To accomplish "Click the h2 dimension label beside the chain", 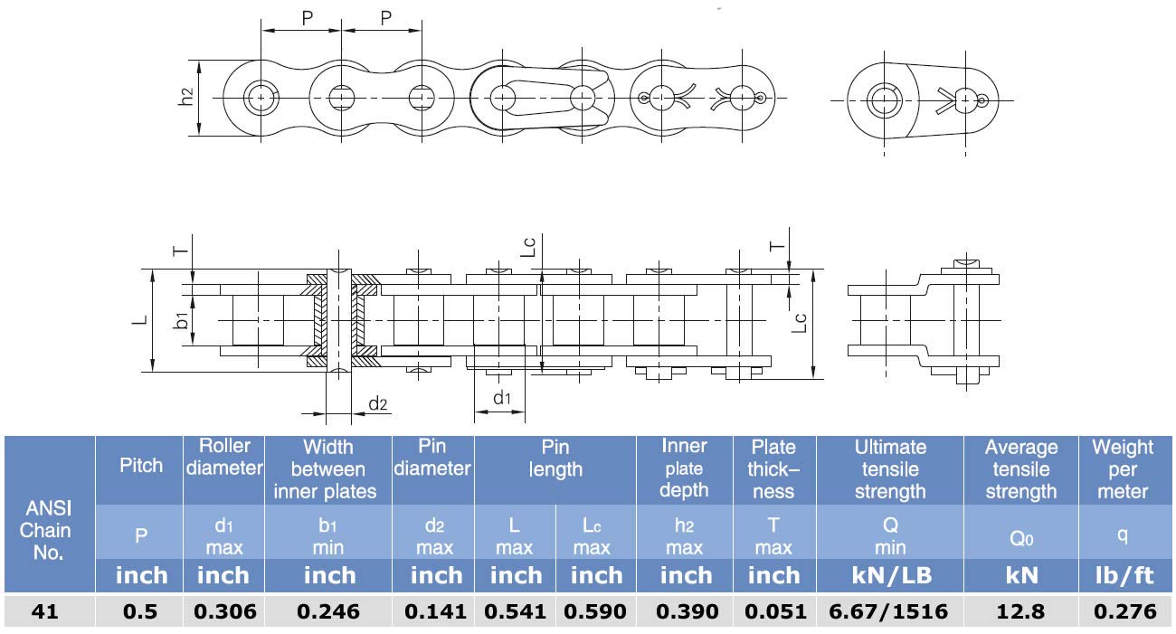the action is (185, 97).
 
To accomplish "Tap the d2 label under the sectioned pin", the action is (377, 403).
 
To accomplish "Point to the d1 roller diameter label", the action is (502, 398).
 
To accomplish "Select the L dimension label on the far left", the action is (140, 319).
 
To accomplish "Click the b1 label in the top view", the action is (181, 320).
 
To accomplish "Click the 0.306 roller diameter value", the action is (225, 611).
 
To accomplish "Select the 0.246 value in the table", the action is (328, 611).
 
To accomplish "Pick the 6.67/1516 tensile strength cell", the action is (888, 611).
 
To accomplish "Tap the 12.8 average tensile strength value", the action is (1020, 611).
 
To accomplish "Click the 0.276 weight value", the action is (1125, 611).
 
